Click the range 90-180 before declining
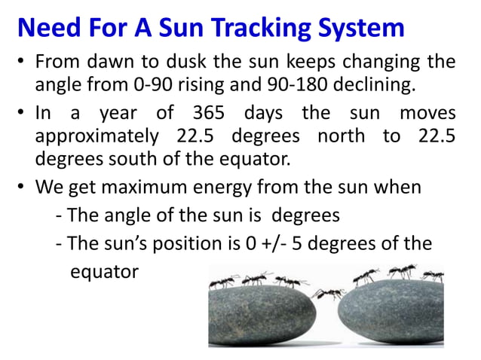point(277,84)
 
